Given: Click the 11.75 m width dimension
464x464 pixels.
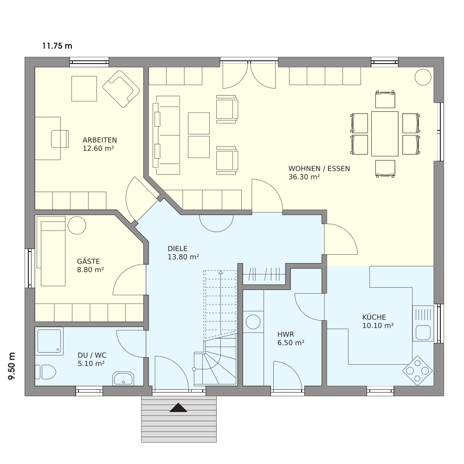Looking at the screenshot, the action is (57, 46).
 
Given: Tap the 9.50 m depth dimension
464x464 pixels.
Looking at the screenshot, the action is (12, 366).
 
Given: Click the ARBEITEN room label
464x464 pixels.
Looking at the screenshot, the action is (100, 140).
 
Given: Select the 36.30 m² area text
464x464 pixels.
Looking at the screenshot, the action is (304, 177).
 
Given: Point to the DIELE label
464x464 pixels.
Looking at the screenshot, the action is (178, 249).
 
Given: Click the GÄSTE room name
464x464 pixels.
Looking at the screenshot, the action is (89, 261).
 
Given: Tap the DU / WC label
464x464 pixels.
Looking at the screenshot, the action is (92, 355).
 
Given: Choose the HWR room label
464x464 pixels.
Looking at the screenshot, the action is (285, 335).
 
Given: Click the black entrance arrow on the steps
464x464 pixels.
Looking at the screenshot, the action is (179, 408).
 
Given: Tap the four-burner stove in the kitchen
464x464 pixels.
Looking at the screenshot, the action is (418, 371).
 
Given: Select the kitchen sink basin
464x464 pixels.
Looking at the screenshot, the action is (423, 332).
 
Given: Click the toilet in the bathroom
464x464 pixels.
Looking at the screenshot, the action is (45, 372).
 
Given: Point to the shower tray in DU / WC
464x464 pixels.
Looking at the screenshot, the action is (49, 341).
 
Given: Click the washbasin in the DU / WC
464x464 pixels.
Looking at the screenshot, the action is (123, 379).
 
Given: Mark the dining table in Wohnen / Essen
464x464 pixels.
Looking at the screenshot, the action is (385, 134).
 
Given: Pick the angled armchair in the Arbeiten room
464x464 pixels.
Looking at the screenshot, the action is (121, 89).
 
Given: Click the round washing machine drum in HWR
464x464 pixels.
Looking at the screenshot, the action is (253, 322).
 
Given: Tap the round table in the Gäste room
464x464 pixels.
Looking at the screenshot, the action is (77, 226).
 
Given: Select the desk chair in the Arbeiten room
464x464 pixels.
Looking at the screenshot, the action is (60, 139).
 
